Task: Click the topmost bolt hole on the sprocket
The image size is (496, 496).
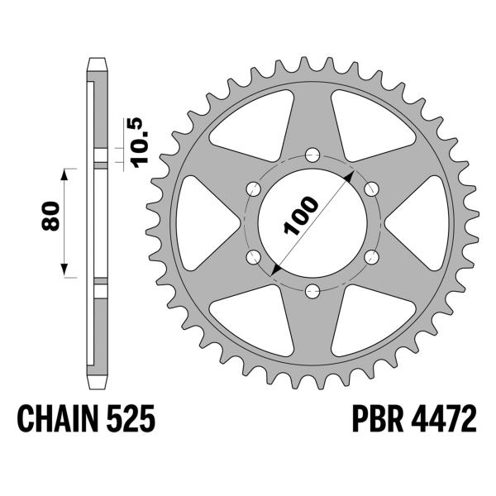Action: point(312,154)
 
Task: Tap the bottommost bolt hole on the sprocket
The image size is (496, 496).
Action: point(312,289)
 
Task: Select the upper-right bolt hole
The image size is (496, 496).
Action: point(370,188)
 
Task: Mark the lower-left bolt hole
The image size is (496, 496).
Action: point(253,255)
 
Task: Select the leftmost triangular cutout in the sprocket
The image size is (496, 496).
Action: point(198,222)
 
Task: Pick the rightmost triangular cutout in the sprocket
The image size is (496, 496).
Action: point(426,222)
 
